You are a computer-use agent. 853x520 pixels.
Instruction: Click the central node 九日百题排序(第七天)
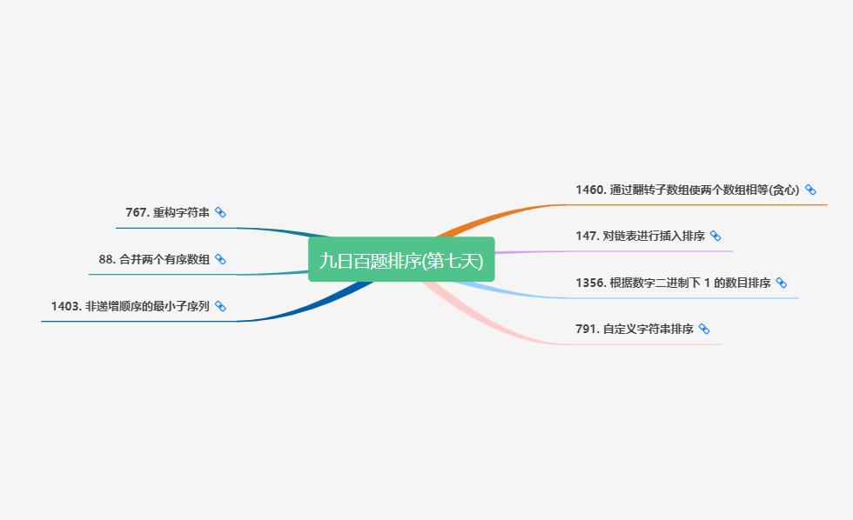(401, 260)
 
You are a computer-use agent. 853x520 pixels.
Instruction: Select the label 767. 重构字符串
(168, 212)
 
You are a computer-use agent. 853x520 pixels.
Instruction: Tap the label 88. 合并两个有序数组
(154, 259)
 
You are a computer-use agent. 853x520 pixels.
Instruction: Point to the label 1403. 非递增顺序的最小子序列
(130, 306)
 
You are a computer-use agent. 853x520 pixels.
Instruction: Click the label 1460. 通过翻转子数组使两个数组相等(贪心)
(687, 190)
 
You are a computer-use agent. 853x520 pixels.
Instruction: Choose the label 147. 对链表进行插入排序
(640, 236)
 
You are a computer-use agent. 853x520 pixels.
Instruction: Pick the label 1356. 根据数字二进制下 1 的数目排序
(672, 283)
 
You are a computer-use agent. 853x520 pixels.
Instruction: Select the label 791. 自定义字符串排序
(634, 329)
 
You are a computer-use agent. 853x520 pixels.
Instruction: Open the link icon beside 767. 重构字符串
(220, 212)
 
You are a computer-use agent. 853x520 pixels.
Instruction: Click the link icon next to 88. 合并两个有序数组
(220, 259)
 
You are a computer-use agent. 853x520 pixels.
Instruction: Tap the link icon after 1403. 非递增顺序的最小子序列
(220, 306)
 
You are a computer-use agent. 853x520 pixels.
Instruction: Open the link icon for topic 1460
(810, 190)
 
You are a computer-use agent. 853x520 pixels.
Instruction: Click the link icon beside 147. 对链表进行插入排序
(715, 236)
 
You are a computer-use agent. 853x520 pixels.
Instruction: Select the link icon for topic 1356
(781, 283)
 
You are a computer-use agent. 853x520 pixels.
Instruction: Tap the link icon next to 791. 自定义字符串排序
(704, 329)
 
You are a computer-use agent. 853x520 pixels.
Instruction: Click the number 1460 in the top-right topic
(589, 190)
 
